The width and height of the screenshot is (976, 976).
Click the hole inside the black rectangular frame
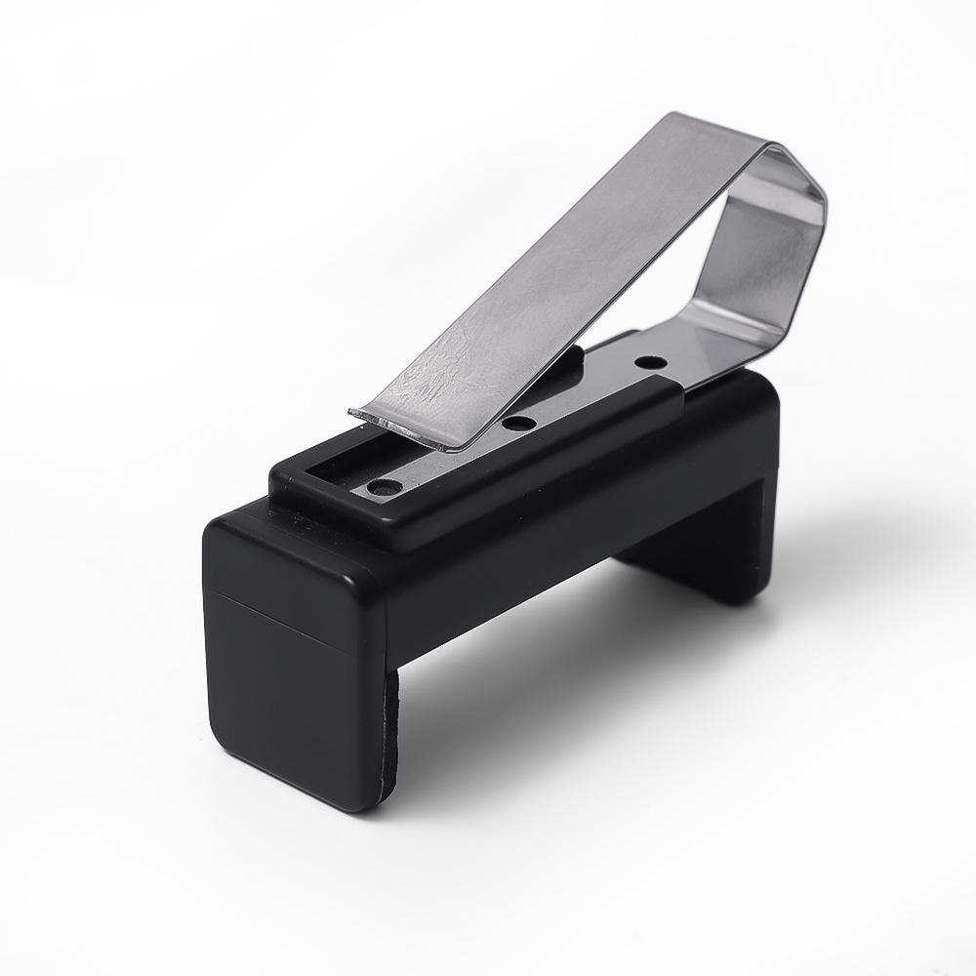(x=384, y=485)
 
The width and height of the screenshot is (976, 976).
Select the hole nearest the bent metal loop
(x=645, y=362)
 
